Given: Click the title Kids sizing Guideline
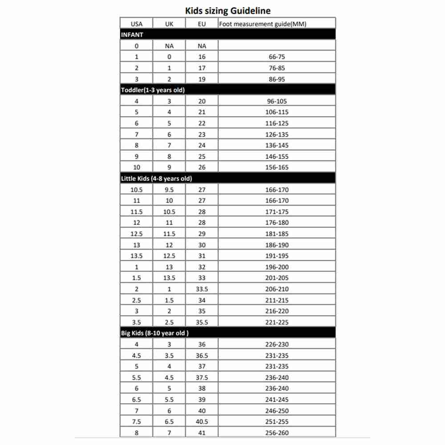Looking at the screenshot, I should point(227,10).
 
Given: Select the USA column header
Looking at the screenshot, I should point(137,24).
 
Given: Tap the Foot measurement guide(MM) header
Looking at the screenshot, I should point(263,24).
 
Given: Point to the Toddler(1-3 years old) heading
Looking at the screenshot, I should point(153,90).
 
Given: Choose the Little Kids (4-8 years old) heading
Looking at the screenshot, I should point(156,178).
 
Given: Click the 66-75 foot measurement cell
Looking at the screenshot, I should point(277,57).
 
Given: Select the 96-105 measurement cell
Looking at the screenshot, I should point(277,101).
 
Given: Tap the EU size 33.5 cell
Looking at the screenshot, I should point(202,289).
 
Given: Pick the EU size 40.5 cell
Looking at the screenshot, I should point(202,421).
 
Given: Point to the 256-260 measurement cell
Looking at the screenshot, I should point(277,433).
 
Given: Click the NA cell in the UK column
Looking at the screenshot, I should point(169,46).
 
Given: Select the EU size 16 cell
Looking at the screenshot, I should point(202,57).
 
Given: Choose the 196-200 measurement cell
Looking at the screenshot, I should point(277,267).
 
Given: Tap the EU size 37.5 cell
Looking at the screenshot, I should point(202,377).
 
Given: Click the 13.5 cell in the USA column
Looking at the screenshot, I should point(137,256).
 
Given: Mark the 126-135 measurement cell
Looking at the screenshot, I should point(277,134).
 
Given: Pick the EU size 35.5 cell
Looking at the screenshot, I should point(202,322).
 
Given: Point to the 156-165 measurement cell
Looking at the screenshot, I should point(277,167).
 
